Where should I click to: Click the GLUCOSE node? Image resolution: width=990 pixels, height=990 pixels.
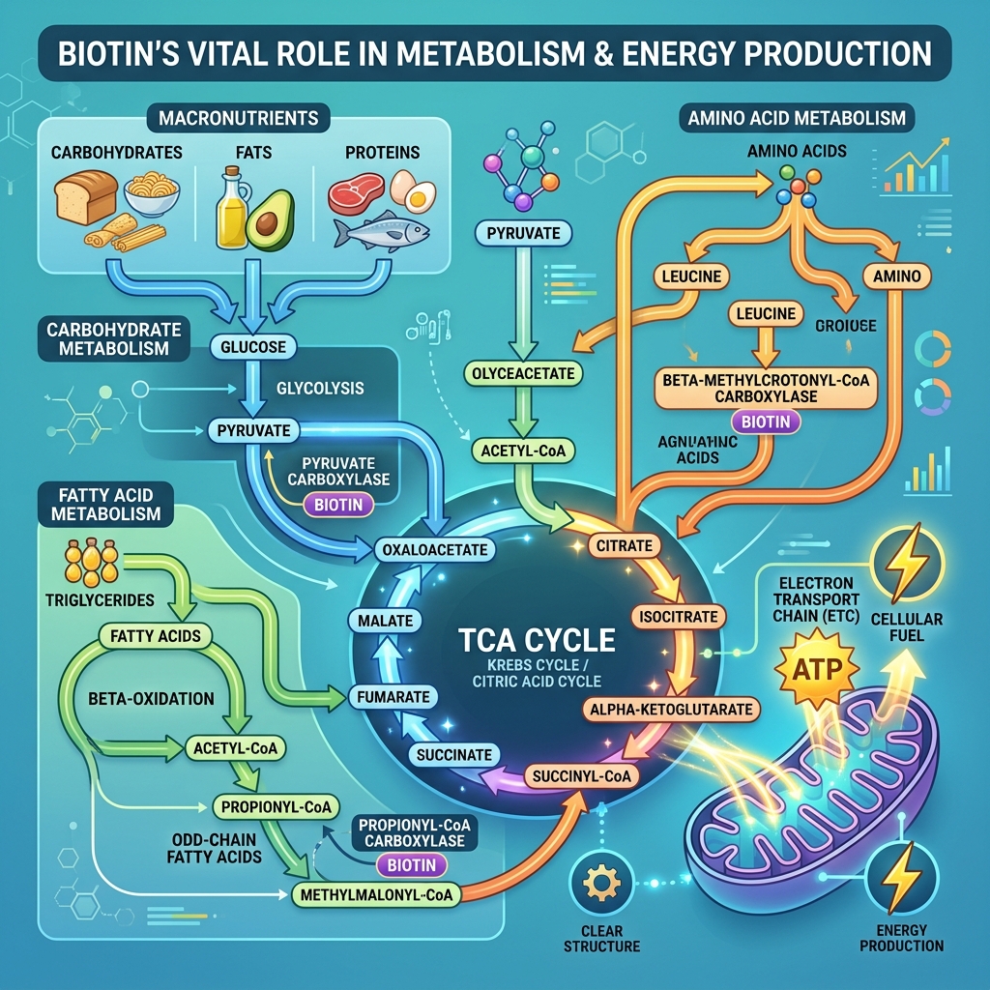pos(253,347)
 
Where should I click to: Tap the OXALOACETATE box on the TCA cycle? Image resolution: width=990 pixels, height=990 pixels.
pos(435,549)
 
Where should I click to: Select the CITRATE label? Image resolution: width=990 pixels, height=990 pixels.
pos(625,545)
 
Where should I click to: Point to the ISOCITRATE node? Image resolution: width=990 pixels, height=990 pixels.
pos(678,617)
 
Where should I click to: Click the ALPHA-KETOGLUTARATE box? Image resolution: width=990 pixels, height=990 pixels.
pos(671,709)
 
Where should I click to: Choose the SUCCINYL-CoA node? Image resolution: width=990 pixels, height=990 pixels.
pos(581,776)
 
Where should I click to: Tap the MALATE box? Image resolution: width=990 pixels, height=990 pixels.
pos(385,621)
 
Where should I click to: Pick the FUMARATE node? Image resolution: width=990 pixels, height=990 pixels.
pos(393,697)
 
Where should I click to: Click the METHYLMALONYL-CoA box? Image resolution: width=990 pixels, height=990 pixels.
pos(376,894)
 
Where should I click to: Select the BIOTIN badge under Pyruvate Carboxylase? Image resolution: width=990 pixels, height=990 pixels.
pos(338,505)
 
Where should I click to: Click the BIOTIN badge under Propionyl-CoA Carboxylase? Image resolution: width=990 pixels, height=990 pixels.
pos(412,865)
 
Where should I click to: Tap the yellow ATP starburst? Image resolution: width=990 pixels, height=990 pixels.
pos(817,669)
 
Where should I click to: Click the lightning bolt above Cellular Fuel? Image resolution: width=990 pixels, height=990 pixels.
pos(907,562)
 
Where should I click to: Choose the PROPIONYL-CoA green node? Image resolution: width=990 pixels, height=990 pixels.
pos(276,807)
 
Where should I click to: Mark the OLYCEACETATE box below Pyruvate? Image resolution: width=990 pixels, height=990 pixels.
pos(523,373)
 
